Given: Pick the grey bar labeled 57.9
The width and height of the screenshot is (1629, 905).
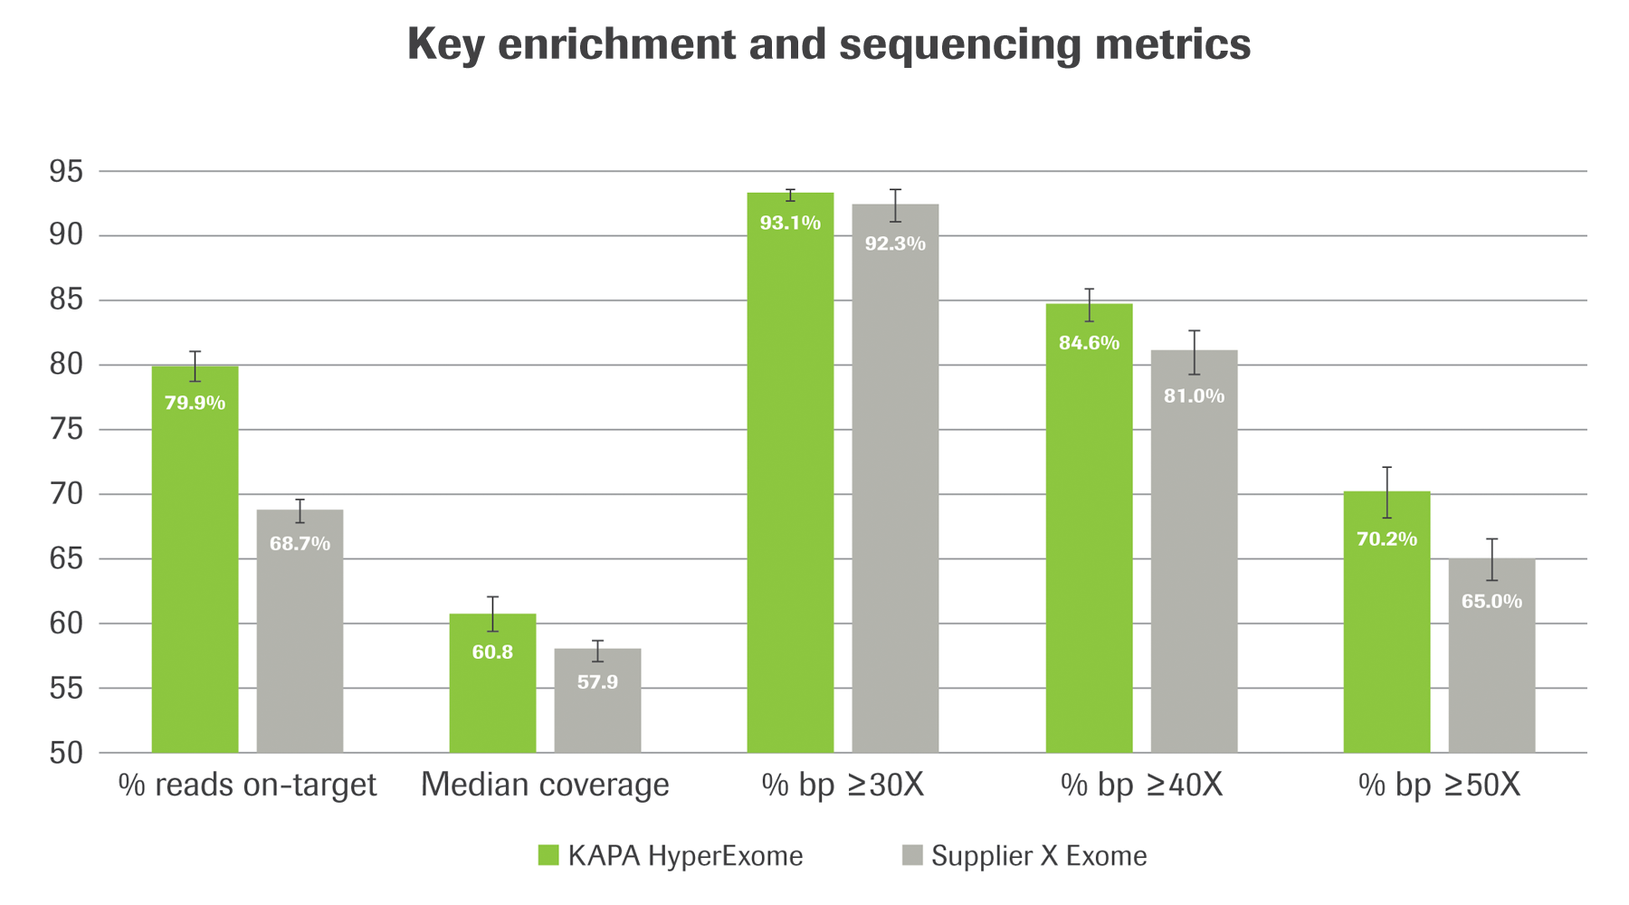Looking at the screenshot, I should (597, 715).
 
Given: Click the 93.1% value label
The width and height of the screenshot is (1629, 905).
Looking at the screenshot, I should (790, 223).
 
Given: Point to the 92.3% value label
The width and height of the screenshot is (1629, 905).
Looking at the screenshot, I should (895, 243).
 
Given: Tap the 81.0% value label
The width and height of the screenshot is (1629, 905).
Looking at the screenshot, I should (1194, 395).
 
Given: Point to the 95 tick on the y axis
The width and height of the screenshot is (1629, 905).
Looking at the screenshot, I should (65, 171).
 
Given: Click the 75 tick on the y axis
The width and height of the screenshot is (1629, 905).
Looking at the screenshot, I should (65, 429).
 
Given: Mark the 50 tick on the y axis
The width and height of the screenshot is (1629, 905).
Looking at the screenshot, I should (65, 752).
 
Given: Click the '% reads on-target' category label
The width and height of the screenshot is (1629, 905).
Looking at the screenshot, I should (247, 785).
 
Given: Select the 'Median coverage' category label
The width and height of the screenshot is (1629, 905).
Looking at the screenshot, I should (545, 785).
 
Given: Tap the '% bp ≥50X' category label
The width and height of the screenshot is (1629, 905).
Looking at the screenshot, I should (1439, 785).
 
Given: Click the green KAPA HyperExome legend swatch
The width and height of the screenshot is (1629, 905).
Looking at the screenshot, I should (548, 855).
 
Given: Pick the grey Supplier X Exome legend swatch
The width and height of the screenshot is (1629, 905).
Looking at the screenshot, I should (912, 855).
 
